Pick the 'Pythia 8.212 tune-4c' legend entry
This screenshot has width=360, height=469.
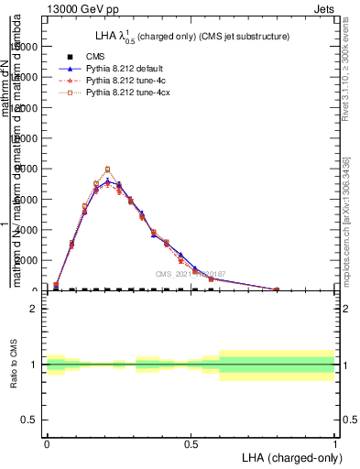point(126,81)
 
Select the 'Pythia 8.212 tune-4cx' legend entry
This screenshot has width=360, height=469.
point(129,93)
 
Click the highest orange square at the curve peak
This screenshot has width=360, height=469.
point(108,169)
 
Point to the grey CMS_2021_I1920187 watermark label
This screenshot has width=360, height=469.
point(191,273)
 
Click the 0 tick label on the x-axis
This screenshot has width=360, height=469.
point(47,443)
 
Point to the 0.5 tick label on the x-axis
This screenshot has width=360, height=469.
point(191,443)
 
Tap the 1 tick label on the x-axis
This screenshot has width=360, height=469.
point(334,443)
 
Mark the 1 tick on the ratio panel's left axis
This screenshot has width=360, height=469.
point(33,365)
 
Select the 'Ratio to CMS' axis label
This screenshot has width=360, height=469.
point(14,364)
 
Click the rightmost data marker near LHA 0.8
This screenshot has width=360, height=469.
point(277,289)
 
